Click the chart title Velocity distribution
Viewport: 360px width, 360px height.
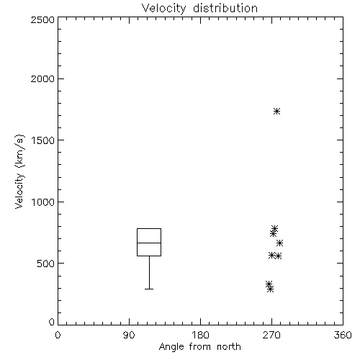point(199,9)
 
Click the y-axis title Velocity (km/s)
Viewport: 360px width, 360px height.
point(20,171)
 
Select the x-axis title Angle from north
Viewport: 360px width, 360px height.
point(199,347)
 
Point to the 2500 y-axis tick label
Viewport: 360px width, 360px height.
point(42,19)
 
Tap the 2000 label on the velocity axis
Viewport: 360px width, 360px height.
point(42,78)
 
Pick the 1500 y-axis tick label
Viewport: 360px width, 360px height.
point(43,140)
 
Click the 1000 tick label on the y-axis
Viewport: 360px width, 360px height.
point(43,202)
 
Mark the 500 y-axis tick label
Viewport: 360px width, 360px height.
point(46,264)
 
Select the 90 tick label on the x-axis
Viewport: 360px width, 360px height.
point(129,335)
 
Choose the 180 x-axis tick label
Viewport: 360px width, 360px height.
point(200,335)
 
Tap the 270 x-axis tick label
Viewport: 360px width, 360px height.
point(271,335)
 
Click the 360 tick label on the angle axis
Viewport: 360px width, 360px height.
point(343,335)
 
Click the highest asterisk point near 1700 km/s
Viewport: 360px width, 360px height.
point(277,111)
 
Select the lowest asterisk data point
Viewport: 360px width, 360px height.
point(271,289)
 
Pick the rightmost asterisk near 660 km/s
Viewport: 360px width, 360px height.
point(279,243)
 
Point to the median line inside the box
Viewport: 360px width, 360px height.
point(149,243)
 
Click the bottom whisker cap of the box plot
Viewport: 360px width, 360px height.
point(149,289)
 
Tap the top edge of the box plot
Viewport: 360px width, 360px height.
point(149,228)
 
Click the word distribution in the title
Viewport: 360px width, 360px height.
point(225,9)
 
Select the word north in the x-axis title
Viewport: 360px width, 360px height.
point(229,347)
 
